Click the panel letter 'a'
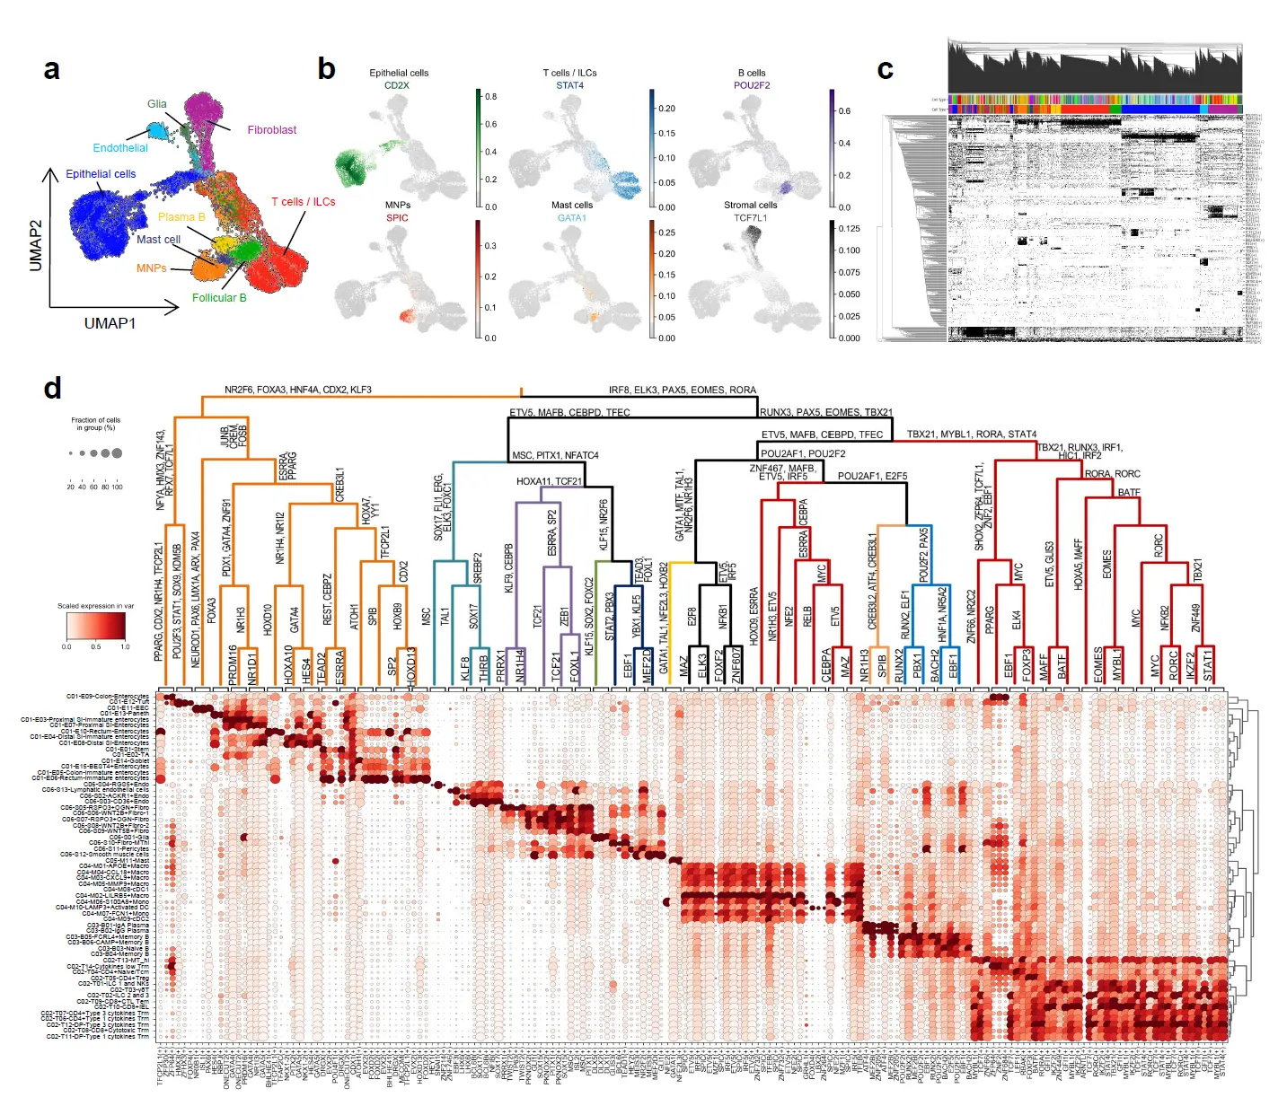click(x=52, y=70)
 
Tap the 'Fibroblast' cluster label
click(x=271, y=130)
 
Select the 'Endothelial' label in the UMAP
click(x=120, y=148)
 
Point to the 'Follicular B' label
click(x=219, y=298)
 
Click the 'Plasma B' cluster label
click(x=181, y=217)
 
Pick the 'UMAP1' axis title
click(x=110, y=323)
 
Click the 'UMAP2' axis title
click(x=36, y=245)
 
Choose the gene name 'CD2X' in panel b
click(x=396, y=85)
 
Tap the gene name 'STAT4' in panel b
click(x=569, y=85)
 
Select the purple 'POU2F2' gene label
click(x=752, y=85)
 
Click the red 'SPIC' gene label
click(x=397, y=217)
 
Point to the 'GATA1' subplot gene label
click(x=571, y=217)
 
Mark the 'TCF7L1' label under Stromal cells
click(x=751, y=217)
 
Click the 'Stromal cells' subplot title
click(x=751, y=205)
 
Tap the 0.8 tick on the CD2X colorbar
click(x=491, y=96)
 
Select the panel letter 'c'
click(x=886, y=70)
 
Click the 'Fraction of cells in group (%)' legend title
click(x=95, y=424)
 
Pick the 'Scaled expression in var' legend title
click(x=95, y=606)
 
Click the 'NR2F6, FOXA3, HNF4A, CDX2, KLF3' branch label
click(x=297, y=390)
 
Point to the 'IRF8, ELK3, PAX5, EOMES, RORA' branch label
click(x=682, y=390)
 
